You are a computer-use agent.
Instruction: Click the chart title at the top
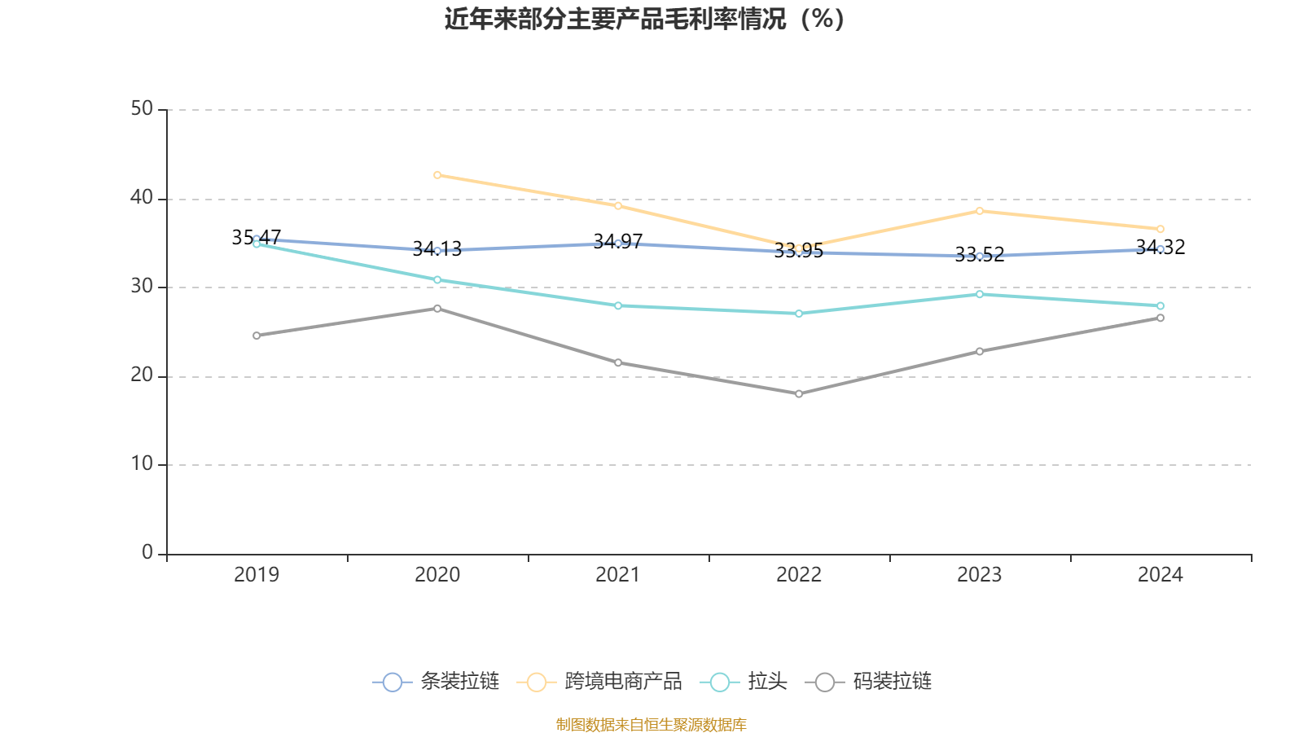pyautogui.click(x=644, y=19)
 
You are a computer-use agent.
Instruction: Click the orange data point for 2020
pyautogui.click(x=437, y=175)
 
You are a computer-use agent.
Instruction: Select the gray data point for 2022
pyautogui.click(x=799, y=394)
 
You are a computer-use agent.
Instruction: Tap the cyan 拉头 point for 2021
pyautogui.click(x=618, y=305)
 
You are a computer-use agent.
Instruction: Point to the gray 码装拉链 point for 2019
pyautogui.click(x=257, y=336)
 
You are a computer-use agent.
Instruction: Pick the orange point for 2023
pyautogui.click(x=980, y=211)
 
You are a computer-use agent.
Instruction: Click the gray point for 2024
pyautogui.click(x=1160, y=318)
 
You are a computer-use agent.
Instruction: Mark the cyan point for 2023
pyautogui.click(x=980, y=293)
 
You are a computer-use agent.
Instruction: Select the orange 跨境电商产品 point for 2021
pyautogui.click(x=618, y=206)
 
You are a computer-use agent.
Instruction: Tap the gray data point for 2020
pyautogui.click(x=437, y=308)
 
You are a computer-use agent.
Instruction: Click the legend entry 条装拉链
pyautogui.click(x=437, y=682)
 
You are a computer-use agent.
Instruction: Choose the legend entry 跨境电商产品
pyautogui.click(x=600, y=682)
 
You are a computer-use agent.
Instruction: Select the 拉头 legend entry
pyautogui.click(x=744, y=682)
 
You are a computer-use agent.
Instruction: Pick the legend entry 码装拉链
pyautogui.click(x=869, y=682)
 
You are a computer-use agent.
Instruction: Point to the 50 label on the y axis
pyautogui.click(x=142, y=109)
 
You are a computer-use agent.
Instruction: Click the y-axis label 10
pyautogui.click(x=142, y=464)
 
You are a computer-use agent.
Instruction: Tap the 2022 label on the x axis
pyautogui.click(x=799, y=575)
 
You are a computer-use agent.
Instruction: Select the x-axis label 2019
pyautogui.click(x=257, y=575)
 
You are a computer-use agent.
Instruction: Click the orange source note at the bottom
pyautogui.click(x=651, y=724)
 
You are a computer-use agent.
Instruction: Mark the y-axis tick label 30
pyautogui.click(x=142, y=287)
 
